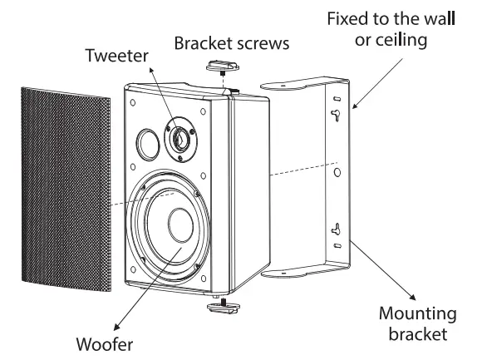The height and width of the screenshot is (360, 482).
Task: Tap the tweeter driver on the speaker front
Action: [180, 137]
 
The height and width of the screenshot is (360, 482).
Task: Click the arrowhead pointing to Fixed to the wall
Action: [355, 106]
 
